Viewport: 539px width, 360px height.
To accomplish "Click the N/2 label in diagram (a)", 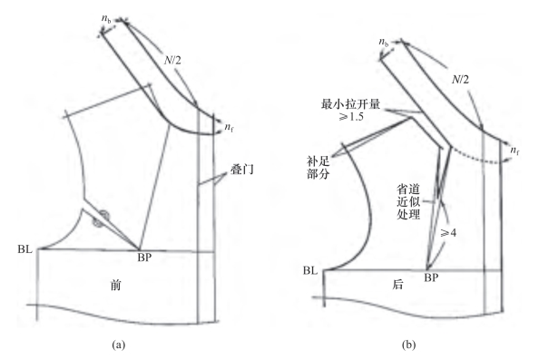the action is point(172,61).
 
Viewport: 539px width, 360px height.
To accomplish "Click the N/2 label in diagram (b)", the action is point(460,80).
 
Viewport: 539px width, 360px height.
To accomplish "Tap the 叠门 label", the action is point(242,170).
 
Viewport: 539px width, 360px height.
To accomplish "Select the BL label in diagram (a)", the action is point(24,249).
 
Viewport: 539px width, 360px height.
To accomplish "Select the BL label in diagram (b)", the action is point(310,271).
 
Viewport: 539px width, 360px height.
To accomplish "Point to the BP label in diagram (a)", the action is point(144,258).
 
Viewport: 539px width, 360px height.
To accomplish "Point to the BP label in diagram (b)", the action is point(431,277).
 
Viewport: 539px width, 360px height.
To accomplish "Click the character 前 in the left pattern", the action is point(116,285).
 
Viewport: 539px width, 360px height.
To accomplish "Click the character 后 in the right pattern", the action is point(397,285).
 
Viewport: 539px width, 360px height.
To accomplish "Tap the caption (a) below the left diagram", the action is point(119,345).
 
